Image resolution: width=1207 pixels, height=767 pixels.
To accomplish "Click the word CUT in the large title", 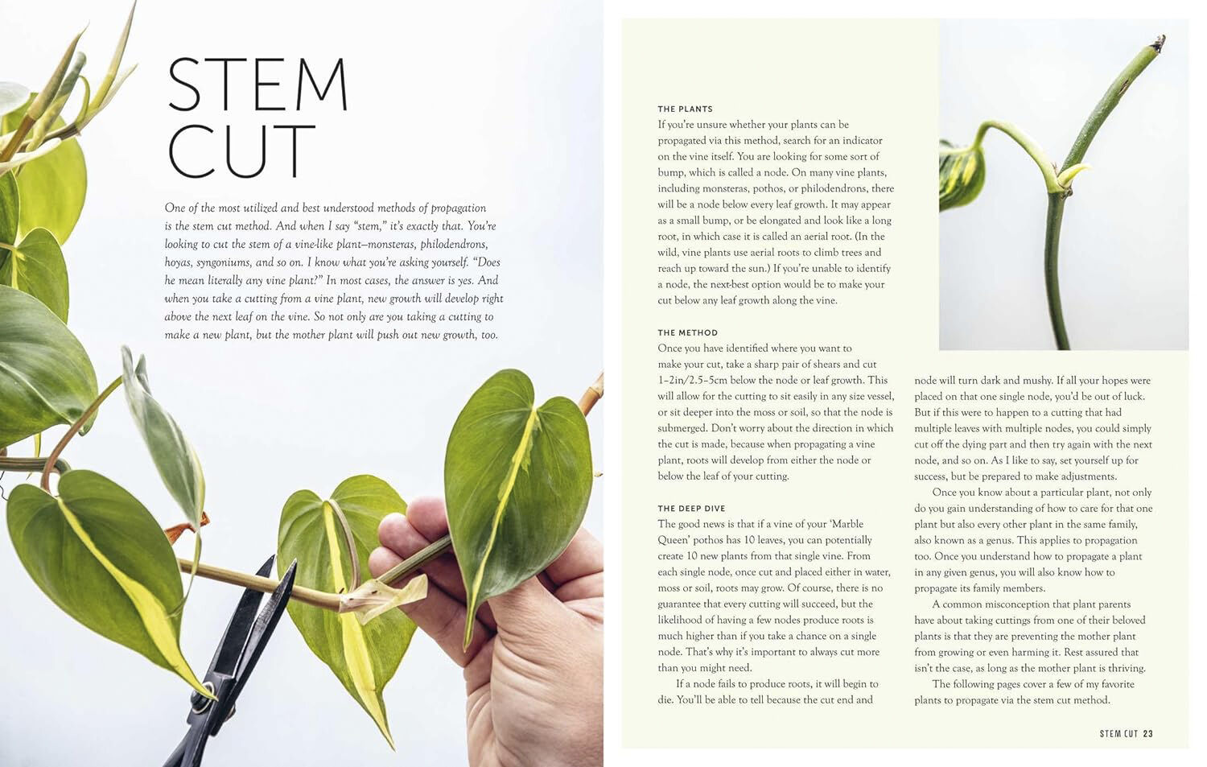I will pyautogui.click(x=241, y=151).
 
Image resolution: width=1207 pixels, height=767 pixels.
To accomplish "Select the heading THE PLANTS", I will pyautogui.click(x=685, y=109).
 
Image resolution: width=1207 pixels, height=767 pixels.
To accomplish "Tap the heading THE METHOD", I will pyautogui.click(x=687, y=332).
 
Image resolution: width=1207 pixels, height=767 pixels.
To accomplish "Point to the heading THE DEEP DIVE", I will pyautogui.click(x=691, y=509).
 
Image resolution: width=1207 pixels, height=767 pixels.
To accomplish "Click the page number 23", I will pyautogui.click(x=1147, y=733).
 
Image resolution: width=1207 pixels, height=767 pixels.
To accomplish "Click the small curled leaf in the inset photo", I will pyautogui.click(x=961, y=173).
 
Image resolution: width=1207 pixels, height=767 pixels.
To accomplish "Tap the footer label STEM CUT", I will pyautogui.click(x=1118, y=733).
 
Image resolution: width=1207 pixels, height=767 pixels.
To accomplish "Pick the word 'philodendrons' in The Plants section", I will pyautogui.click(x=826, y=188).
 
